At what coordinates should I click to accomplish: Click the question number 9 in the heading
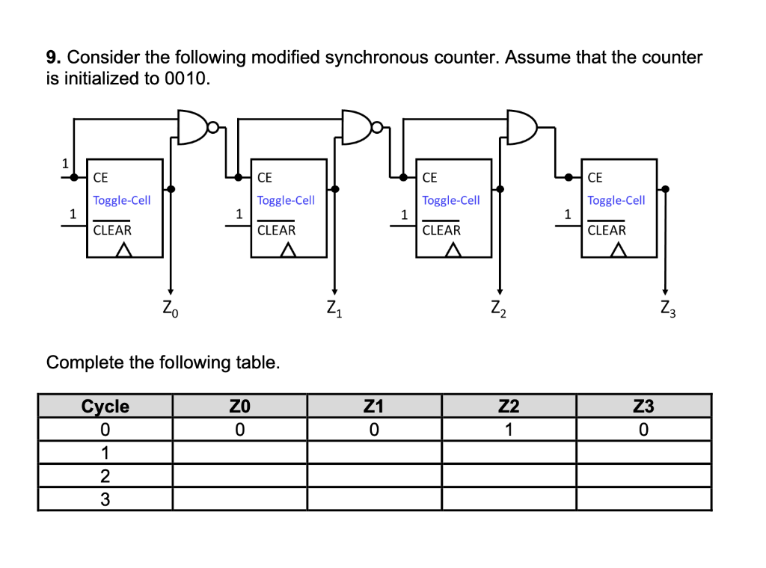click(x=52, y=58)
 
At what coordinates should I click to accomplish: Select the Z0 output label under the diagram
click(x=171, y=306)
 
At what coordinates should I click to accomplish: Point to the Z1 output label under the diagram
click(x=334, y=306)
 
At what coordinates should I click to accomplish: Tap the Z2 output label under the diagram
click(x=500, y=306)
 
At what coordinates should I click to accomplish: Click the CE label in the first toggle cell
click(x=100, y=178)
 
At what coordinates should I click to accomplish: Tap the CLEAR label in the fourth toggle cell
click(x=607, y=230)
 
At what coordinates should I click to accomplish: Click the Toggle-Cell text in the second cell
click(x=286, y=200)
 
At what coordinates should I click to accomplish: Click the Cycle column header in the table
click(x=105, y=407)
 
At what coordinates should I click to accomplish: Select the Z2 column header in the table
click(x=509, y=407)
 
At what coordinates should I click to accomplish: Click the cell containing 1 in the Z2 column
click(x=509, y=430)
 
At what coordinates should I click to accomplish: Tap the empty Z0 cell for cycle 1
click(x=239, y=453)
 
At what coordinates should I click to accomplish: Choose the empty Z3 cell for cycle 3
click(x=643, y=499)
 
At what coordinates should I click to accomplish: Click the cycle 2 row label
click(x=105, y=476)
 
